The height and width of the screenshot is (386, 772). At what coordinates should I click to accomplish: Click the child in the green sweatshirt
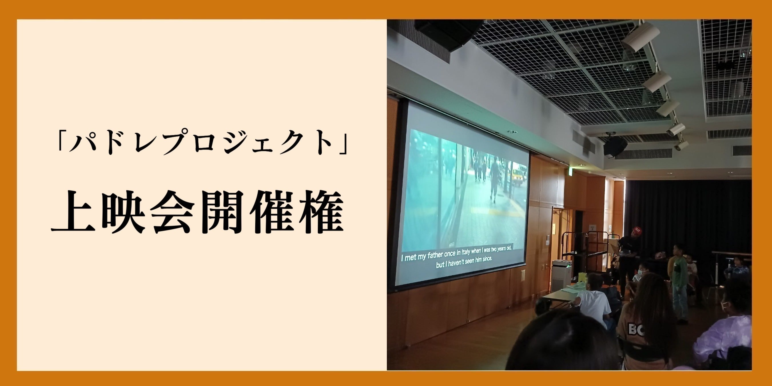click(x=680, y=283)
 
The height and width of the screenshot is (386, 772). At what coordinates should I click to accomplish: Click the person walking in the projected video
click(x=494, y=180)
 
